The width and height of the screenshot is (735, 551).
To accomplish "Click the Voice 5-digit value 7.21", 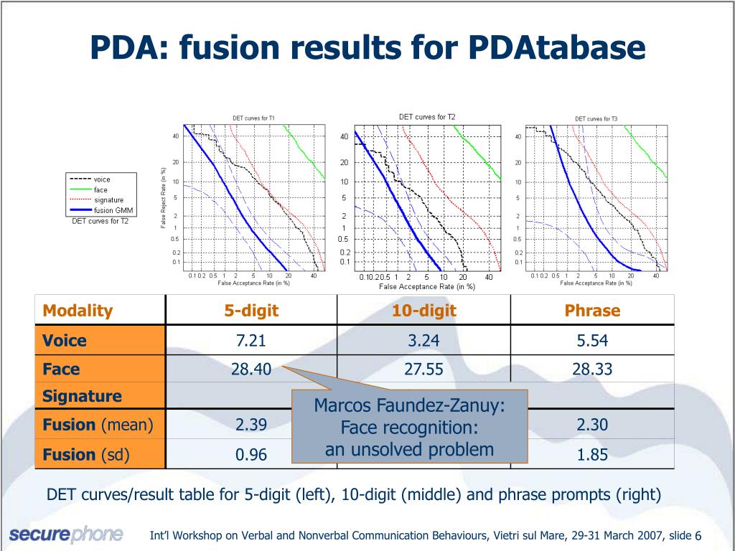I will click(251, 341).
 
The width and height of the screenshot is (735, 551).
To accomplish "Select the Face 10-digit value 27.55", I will click(423, 369).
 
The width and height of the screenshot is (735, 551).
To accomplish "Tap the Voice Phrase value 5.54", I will click(592, 341).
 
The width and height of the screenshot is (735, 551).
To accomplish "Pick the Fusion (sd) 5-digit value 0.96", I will click(251, 454).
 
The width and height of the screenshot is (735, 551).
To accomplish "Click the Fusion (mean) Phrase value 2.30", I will click(592, 425).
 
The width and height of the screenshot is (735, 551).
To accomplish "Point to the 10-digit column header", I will click(423, 311).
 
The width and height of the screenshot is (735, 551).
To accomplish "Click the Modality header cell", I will click(78, 311).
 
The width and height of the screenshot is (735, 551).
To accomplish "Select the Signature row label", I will click(82, 396).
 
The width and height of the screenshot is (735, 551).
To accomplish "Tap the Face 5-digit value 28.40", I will click(251, 369).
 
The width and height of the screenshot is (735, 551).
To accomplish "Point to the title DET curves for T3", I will click(596, 119).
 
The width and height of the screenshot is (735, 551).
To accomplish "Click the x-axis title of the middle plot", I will click(427, 287).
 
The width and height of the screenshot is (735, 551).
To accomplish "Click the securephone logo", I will click(66, 534).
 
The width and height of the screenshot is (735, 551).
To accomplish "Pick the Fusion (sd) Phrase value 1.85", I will click(592, 454).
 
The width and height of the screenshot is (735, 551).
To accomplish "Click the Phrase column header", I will click(592, 311).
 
